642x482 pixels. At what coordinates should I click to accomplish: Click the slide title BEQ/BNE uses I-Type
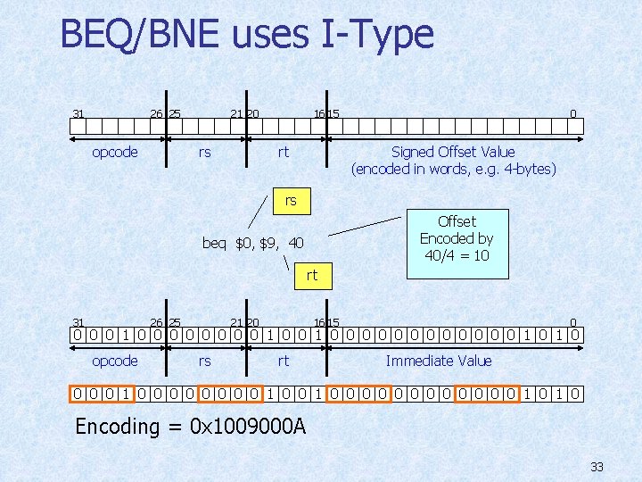coord(247,36)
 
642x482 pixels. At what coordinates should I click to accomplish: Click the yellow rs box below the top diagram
coord(291,201)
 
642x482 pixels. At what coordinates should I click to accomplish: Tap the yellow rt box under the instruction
coord(311,275)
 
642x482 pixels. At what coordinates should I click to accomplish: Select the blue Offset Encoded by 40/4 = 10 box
coord(457,238)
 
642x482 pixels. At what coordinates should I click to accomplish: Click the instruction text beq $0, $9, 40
coord(252,243)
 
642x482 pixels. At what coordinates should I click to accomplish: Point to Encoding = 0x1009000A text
coord(190,426)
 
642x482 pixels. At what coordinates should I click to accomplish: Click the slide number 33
coord(597,466)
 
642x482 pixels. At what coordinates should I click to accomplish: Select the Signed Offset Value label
coord(453,152)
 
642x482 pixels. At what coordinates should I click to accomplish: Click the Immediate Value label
coord(438,361)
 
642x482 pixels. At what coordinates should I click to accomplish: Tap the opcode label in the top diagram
coord(115,152)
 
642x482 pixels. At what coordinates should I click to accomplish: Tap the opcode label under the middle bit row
coord(115,361)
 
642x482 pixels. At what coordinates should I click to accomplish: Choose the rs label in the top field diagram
coord(204,152)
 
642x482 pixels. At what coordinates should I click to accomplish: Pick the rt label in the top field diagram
coord(283,152)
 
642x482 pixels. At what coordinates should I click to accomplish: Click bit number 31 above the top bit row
coord(78,113)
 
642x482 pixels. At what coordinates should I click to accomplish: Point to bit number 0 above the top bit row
coord(573,113)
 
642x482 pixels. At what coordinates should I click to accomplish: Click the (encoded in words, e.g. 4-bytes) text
coord(453,169)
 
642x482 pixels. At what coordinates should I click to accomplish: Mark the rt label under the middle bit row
coord(283,361)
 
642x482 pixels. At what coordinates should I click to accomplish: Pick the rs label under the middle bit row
coord(204,361)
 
